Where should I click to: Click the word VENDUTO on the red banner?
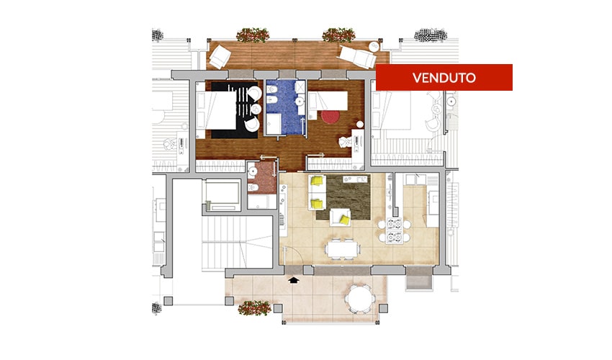[444, 78]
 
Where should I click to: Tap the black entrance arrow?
[293, 279]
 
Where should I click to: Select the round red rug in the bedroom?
[330, 117]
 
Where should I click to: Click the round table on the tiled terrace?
[360, 298]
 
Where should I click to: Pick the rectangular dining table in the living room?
[342, 248]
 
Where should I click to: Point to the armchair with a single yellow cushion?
[340, 217]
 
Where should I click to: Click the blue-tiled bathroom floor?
[286, 107]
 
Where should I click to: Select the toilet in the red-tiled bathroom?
[253, 188]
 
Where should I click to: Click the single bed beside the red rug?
[328, 100]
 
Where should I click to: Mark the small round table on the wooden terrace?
[374, 46]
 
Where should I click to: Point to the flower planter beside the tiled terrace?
[254, 307]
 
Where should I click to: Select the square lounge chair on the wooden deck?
[220, 57]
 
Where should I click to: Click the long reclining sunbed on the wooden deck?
[356, 57]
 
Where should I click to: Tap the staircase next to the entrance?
[237, 242]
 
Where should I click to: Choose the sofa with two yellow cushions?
[317, 192]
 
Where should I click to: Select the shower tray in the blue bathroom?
[276, 125]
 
